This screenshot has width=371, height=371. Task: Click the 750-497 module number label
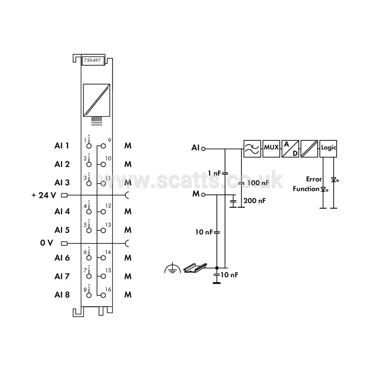tap(92, 60)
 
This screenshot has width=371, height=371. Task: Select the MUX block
tap(271, 149)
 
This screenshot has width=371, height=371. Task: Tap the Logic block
tap(328, 149)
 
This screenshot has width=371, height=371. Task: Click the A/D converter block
tap(290, 149)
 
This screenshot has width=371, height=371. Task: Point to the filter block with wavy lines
tap(252, 149)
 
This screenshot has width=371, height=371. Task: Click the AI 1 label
tap(61, 145)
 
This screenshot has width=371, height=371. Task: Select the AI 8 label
tap(62, 295)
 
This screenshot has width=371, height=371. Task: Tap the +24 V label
tap(44, 195)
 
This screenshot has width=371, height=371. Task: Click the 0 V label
tap(46, 243)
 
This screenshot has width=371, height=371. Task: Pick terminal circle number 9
tap(103, 146)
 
